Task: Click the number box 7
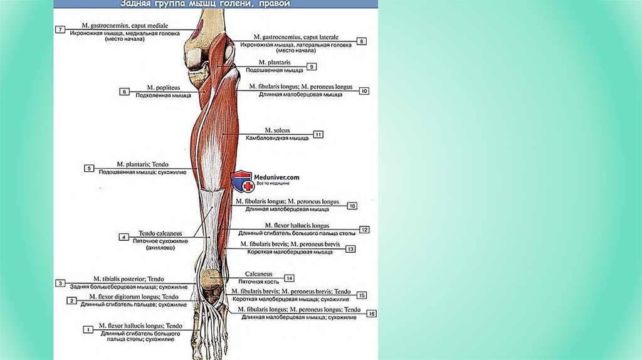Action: (x=60, y=29)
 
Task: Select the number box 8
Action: (x=361, y=41)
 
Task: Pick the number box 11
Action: (x=318, y=134)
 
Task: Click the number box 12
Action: (x=364, y=230)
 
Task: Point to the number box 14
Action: (x=289, y=278)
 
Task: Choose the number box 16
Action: (x=372, y=314)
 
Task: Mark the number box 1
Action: (x=88, y=329)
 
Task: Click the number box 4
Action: (x=124, y=237)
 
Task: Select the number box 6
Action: (x=124, y=92)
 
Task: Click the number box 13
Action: (x=350, y=249)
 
